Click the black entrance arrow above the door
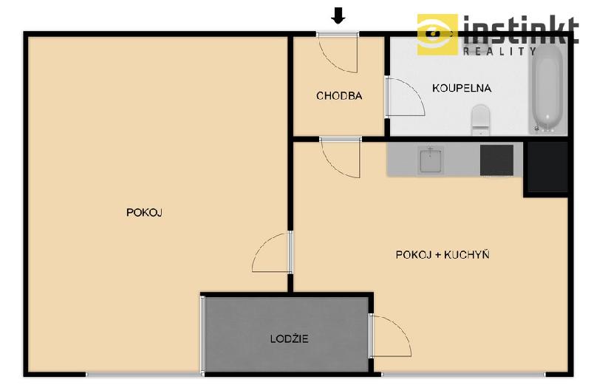click(x=338, y=16)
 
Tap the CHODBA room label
click(x=339, y=96)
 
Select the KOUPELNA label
click(x=461, y=88)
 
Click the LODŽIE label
click(x=289, y=338)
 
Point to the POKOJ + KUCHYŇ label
click(x=443, y=254)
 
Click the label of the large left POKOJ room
click(x=144, y=213)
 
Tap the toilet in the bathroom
click(x=480, y=120)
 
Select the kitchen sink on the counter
click(x=431, y=160)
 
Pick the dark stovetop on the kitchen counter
click(x=496, y=160)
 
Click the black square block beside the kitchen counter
click(x=547, y=167)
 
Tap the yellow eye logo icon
click(x=437, y=34)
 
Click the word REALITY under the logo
click(x=499, y=51)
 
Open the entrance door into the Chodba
click(x=338, y=52)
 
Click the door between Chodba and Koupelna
click(x=404, y=97)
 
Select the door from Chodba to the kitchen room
click(x=341, y=157)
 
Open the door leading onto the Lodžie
click(x=390, y=335)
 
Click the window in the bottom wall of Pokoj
click(x=143, y=375)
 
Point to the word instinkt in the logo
click(x=521, y=30)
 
